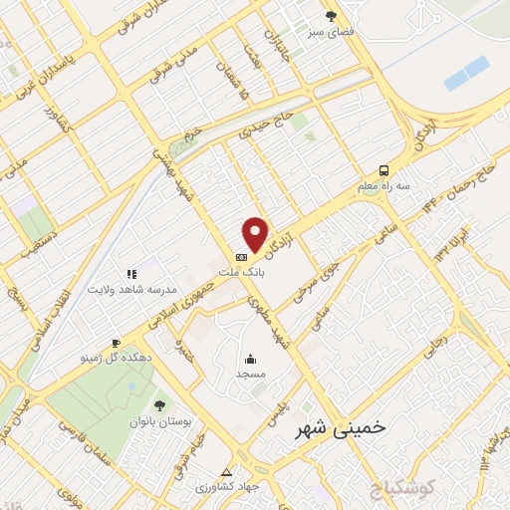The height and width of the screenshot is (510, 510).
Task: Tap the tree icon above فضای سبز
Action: tap(331, 16)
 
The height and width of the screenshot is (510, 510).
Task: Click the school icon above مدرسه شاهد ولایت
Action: tap(130, 273)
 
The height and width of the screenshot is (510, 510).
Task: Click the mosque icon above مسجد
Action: tap(251, 359)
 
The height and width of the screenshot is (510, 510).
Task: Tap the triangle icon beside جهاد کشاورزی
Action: tap(226, 471)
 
